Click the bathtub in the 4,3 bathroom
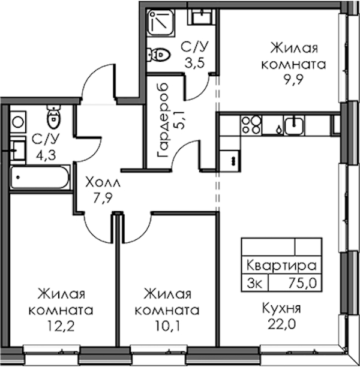(40, 177)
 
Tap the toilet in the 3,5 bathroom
(158, 55)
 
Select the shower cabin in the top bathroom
(161, 22)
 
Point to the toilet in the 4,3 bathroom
(54, 117)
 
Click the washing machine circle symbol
(18, 122)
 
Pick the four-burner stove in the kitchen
(251, 125)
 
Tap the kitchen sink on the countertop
(294, 126)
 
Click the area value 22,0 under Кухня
(281, 324)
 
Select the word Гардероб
(163, 120)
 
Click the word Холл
(103, 182)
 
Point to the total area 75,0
(302, 283)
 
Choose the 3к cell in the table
(254, 283)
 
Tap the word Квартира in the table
(281, 266)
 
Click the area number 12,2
(61, 326)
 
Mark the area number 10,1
(167, 326)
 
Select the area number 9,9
(293, 80)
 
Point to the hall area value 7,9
(103, 198)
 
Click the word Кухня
(281, 308)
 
